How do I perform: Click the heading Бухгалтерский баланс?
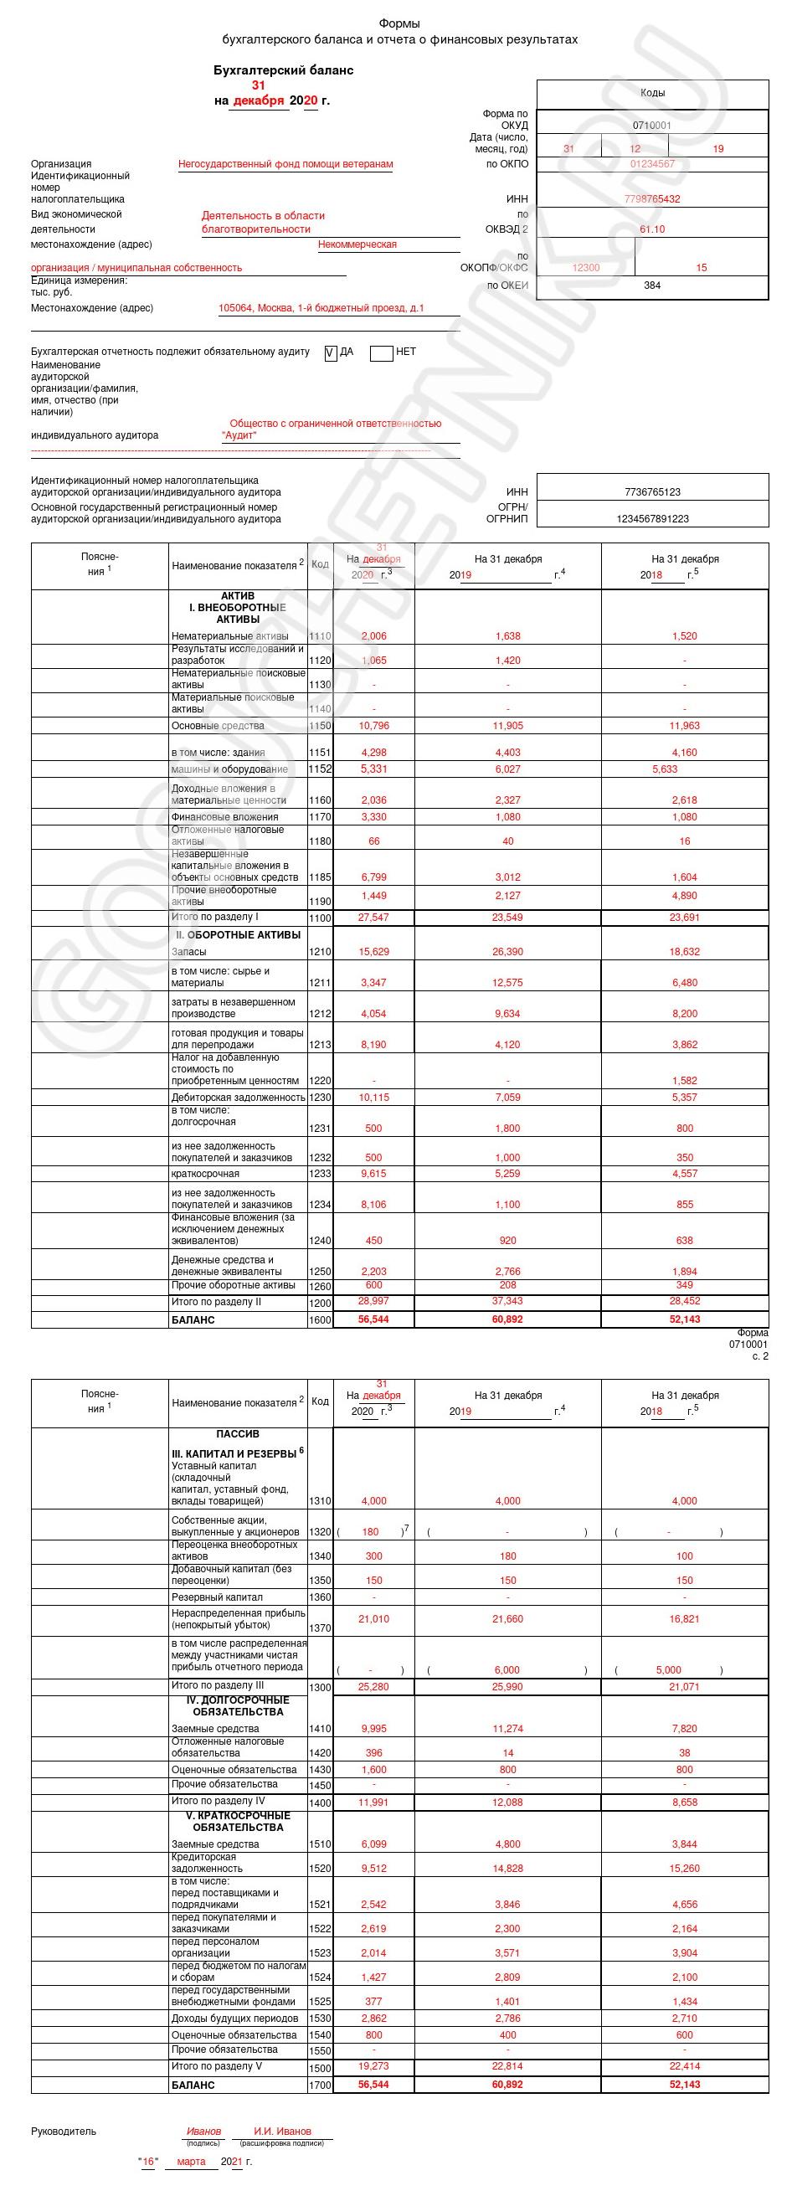[x=283, y=69]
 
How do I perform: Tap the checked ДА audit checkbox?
[x=331, y=352]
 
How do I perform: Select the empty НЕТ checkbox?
[x=381, y=352]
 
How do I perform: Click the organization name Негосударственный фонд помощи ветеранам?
[x=285, y=165]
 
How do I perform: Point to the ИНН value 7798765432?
[x=652, y=199]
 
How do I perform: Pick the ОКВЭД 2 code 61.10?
[x=652, y=229]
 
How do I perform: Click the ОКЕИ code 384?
[x=652, y=285]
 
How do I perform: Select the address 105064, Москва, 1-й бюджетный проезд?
[x=321, y=309]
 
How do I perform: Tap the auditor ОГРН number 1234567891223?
[x=652, y=518]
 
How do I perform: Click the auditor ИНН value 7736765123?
[x=652, y=492]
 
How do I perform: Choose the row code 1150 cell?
[x=321, y=727]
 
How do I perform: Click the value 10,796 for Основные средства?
[x=373, y=727]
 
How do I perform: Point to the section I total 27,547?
[x=373, y=918]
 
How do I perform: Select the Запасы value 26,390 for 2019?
[x=507, y=952]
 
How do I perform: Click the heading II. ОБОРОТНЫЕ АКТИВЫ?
[x=238, y=935]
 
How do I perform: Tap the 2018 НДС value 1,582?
[x=684, y=1081]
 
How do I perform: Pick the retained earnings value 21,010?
[x=373, y=1619]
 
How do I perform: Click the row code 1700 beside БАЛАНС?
[x=321, y=2085]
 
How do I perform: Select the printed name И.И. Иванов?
[x=282, y=2132]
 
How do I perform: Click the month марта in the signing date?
[x=191, y=2162]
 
